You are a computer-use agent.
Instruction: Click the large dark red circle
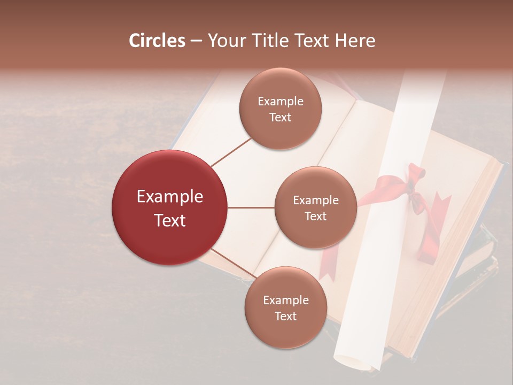pyautogui.click(x=170, y=207)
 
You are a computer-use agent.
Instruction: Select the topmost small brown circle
pyautogui.click(x=280, y=109)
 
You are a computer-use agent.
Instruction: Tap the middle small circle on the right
pyautogui.click(x=315, y=207)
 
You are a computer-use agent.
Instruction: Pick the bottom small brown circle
pyautogui.click(x=285, y=307)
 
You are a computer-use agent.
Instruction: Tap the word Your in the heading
pyautogui.click(x=224, y=41)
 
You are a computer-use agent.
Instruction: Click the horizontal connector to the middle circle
pyautogui.click(x=251, y=207)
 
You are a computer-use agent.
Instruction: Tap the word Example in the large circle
pyautogui.click(x=170, y=197)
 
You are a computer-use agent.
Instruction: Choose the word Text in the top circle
pyautogui.click(x=280, y=117)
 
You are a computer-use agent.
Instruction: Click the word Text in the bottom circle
pyautogui.click(x=285, y=316)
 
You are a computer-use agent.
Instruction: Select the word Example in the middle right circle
pyautogui.click(x=315, y=200)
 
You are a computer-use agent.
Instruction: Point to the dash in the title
pyautogui.click(x=196, y=41)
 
